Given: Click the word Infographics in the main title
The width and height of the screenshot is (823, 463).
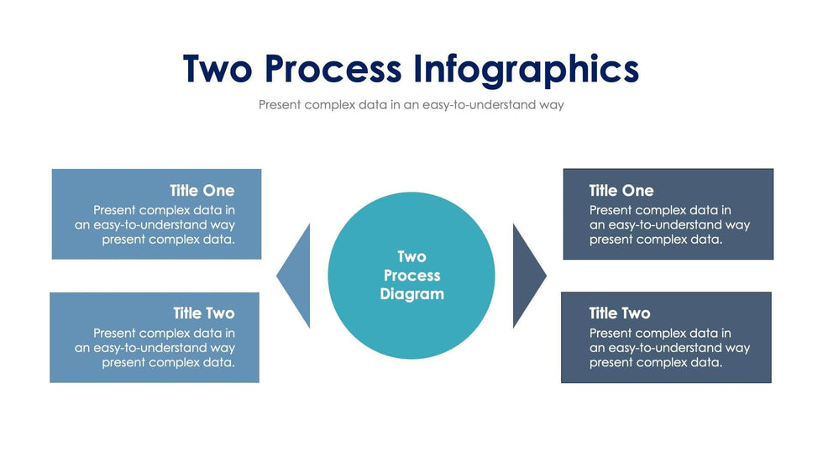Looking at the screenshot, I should (x=526, y=69).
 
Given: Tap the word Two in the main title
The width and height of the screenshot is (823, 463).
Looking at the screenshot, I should (x=217, y=69).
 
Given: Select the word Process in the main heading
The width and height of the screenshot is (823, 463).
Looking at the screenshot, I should (x=333, y=69).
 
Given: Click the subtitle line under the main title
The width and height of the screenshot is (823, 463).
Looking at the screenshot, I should (x=411, y=105).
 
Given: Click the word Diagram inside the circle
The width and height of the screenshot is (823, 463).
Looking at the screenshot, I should (x=411, y=294).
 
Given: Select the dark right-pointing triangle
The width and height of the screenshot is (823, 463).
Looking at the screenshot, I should (x=527, y=276).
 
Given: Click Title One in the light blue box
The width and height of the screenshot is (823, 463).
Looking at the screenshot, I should (x=202, y=191).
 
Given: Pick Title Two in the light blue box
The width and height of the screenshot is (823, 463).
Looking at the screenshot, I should (x=204, y=313).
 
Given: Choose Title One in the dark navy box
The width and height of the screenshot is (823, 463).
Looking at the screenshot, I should (x=621, y=191).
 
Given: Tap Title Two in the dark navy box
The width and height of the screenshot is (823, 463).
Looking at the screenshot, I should (x=620, y=313).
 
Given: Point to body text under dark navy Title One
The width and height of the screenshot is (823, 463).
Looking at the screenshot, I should (x=668, y=225).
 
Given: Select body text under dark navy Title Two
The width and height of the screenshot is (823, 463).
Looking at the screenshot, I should (x=668, y=348).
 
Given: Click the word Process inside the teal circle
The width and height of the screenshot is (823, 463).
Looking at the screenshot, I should (x=411, y=276).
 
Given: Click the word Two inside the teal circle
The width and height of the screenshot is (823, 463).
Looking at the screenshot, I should (x=411, y=257).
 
